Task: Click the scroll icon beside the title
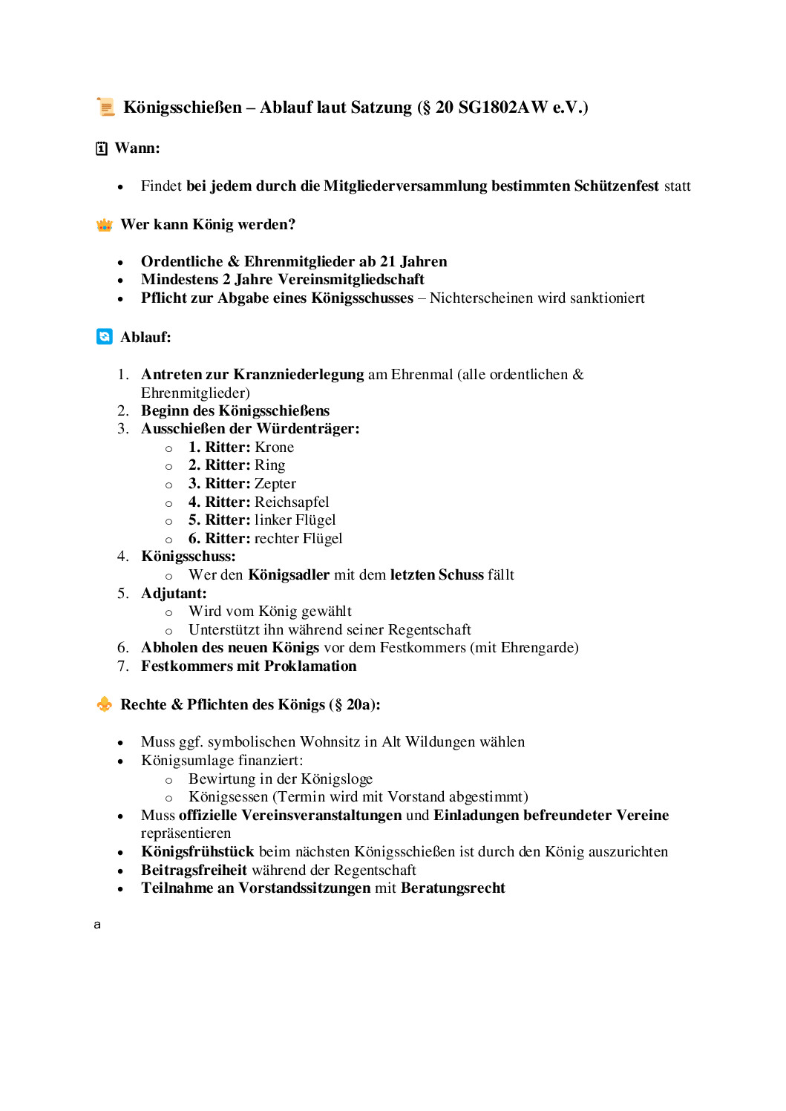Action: [106, 107]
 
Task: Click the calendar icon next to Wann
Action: [102, 148]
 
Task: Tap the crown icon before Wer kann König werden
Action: [105, 225]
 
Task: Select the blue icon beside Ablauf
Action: [105, 337]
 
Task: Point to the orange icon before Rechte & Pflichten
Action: [105, 704]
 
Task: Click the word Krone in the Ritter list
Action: [274, 447]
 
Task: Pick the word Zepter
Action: [275, 483]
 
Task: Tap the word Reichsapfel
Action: [292, 502]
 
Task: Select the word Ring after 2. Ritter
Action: [269, 465]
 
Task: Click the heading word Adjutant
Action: [173, 593]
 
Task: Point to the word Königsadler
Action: [289, 574]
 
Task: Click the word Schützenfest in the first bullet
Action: [616, 186]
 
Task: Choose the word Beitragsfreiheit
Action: [194, 870]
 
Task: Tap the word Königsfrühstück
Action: [197, 851]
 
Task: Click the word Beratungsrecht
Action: [453, 888]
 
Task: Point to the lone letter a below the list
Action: [97, 925]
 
